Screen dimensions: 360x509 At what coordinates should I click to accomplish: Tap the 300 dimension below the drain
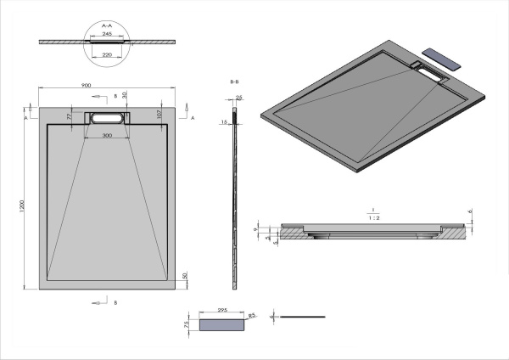point(107,135)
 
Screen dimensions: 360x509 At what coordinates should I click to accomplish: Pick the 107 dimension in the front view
point(159,114)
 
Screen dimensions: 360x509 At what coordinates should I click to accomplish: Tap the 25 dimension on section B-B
point(239,98)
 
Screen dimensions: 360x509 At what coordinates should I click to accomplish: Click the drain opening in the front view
point(107,117)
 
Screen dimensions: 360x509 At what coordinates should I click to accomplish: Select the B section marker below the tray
point(115,302)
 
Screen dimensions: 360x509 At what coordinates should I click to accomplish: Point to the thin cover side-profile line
point(301,318)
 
